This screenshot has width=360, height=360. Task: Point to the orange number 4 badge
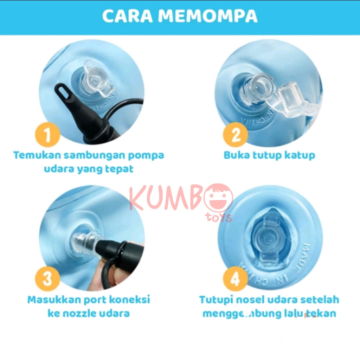click(235, 279)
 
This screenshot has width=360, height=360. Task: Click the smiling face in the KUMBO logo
click(218, 198)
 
